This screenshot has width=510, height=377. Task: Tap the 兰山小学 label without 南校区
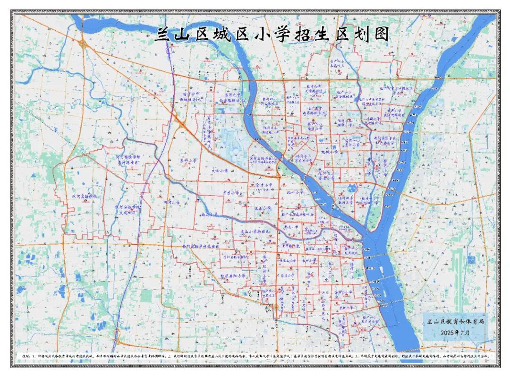point(262,207)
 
